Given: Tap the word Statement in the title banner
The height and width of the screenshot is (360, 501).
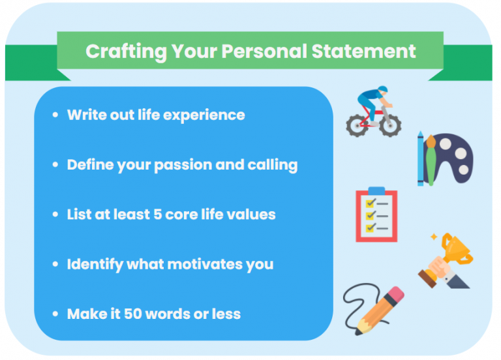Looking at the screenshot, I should pos(366,52).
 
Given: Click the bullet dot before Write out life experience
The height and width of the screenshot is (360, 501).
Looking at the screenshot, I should pos(55,115).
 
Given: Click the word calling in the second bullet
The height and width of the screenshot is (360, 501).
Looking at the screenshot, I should pos(272,165).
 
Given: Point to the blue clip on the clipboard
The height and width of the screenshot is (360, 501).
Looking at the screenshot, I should pos(376,191).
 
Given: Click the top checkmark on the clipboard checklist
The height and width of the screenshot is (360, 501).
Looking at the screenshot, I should pos(370,203).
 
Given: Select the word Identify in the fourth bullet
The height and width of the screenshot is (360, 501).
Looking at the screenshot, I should pos(94,264).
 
